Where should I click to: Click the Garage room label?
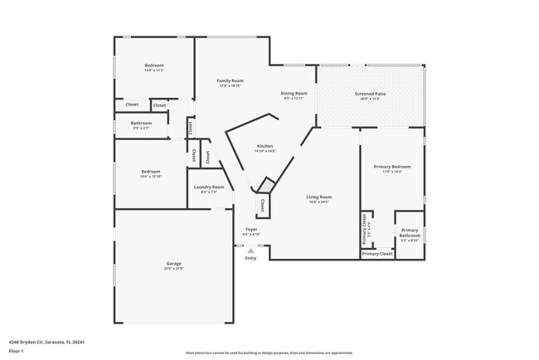(173, 264)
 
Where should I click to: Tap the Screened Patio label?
(370, 94)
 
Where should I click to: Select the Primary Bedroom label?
(392, 167)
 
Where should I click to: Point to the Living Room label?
(318, 197)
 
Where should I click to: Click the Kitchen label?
(265, 146)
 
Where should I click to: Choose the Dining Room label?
(294, 94)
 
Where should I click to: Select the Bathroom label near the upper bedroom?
(140, 123)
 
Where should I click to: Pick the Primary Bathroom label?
(410, 232)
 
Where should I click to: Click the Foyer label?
(250, 230)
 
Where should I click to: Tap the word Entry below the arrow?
(250, 258)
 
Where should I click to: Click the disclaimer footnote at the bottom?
(269, 353)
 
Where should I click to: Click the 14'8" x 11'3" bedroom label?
(154, 66)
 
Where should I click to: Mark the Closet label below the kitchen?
(263, 205)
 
